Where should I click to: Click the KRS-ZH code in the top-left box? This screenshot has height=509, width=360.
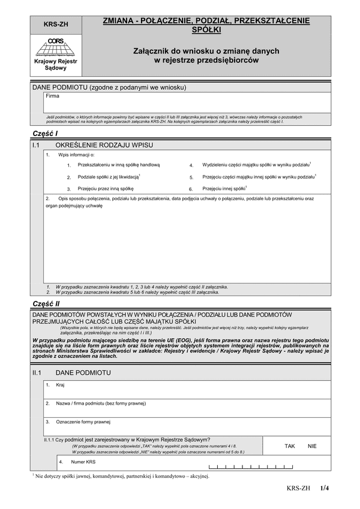56,25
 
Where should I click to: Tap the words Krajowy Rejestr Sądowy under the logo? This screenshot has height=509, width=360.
56,65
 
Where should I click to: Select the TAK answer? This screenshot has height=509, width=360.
290,446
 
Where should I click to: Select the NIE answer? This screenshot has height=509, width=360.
312,446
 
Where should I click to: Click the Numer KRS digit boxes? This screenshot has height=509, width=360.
250,466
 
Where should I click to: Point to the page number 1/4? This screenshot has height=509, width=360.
325,489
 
